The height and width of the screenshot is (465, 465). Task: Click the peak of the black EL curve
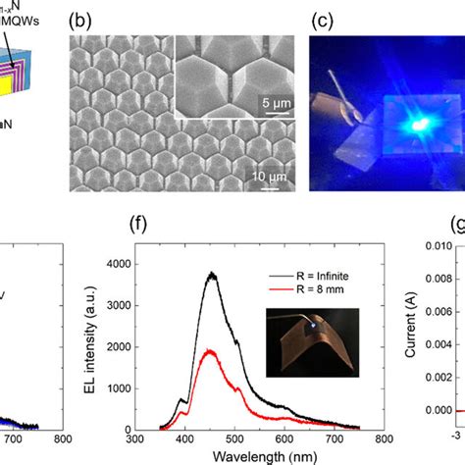pos(210,275)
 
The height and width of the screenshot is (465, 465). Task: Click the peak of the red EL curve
pos(208,349)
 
